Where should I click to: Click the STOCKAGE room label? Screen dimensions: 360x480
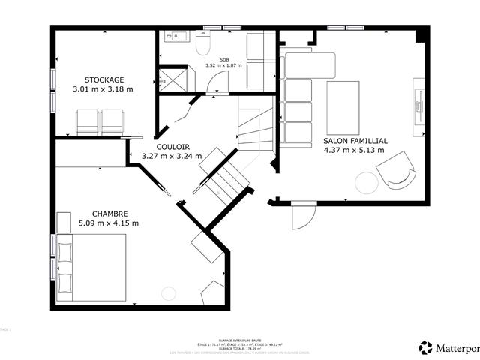click(103, 79)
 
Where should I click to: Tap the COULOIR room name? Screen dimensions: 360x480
click(172, 147)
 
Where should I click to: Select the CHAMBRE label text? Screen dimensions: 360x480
click(109, 213)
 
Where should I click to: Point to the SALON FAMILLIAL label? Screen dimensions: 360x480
click(355, 140)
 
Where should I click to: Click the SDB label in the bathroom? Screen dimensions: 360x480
click(224, 59)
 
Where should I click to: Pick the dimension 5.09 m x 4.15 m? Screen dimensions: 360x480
click(109, 223)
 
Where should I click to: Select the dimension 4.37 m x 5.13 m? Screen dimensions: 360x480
click(354, 150)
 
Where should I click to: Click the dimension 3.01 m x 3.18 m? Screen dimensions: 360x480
click(103, 89)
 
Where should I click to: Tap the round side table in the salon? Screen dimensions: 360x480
click(367, 182)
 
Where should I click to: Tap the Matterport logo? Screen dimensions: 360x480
click(447, 347)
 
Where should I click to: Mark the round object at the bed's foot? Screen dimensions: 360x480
click(169, 292)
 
